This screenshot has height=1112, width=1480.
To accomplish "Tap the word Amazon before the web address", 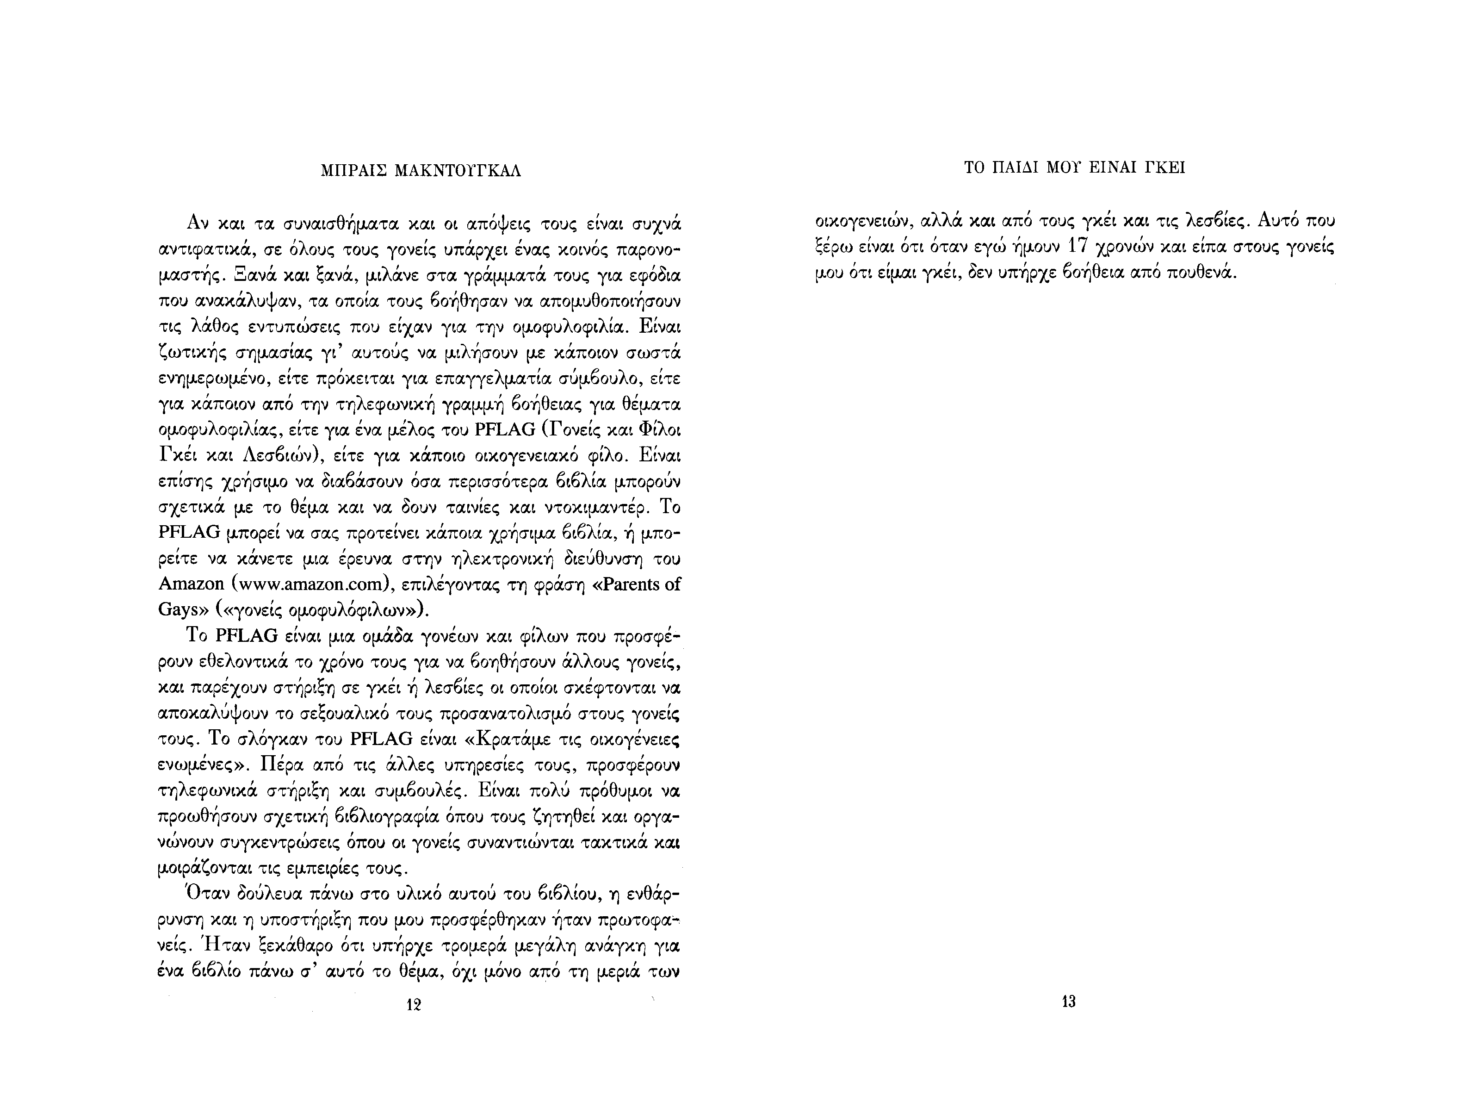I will coord(191,584).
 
